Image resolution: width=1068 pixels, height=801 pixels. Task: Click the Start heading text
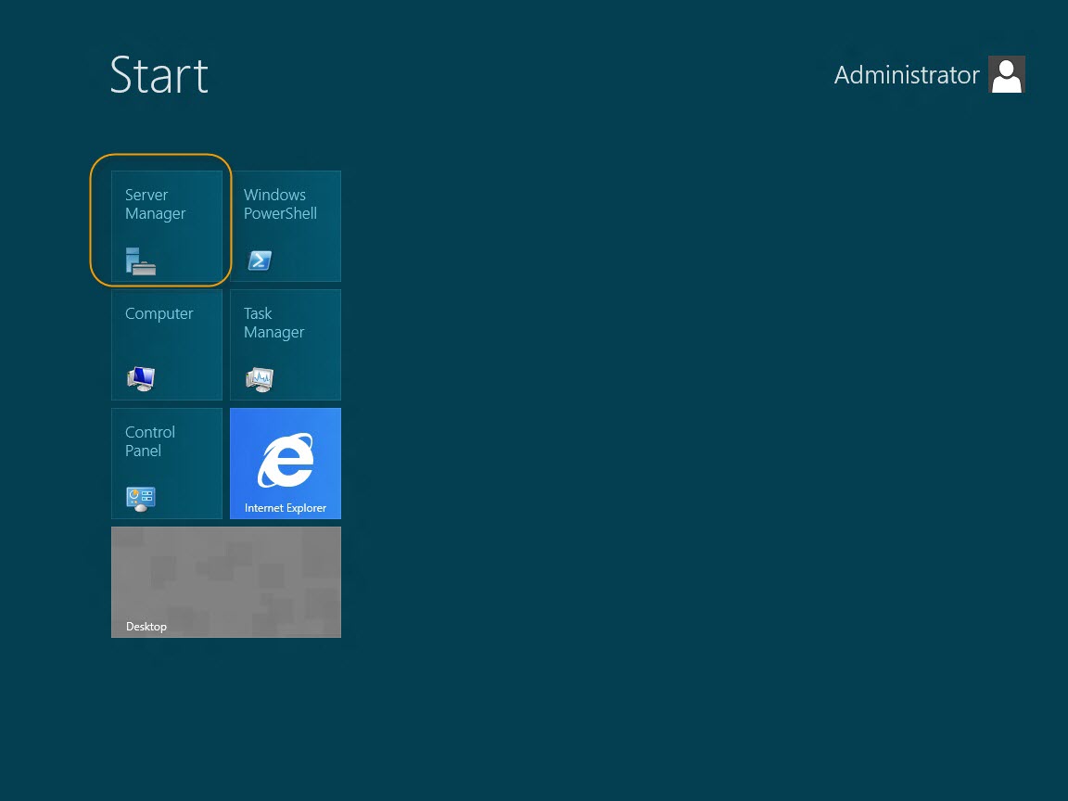pyautogui.click(x=159, y=75)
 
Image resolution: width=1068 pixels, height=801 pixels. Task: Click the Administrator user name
pyautogui.click(x=907, y=75)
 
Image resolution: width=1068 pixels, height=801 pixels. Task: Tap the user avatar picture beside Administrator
pyautogui.click(x=1007, y=74)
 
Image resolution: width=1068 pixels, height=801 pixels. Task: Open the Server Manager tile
pyautogui.click(x=167, y=226)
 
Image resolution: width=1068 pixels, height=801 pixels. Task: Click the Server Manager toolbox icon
pyautogui.click(x=141, y=261)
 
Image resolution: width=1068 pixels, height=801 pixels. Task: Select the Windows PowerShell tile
pyautogui.click(x=286, y=226)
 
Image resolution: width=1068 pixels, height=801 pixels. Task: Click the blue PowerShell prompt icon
pyautogui.click(x=260, y=261)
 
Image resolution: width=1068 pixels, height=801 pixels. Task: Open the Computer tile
pyautogui.click(x=167, y=345)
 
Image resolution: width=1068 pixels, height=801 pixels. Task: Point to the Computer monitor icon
pyautogui.click(x=141, y=378)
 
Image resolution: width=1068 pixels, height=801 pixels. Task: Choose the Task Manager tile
pyautogui.click(x=286, y=345)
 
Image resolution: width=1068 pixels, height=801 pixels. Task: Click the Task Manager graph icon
pyautogui.click(x=260, y=379)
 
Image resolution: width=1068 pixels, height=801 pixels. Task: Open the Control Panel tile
pyautogui.click(x=167, y=464)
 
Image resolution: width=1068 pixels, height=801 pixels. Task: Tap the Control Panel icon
pyautogui.click(x=141, y=499)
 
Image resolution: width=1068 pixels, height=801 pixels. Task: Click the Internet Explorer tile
pyautogui.click(x=286, y=464)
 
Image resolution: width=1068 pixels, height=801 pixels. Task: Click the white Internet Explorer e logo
pyautogui.click(x=286, y=460)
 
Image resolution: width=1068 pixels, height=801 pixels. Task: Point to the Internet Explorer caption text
pyautogui.click(x=286, y=507)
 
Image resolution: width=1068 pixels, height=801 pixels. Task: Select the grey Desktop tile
pyautogui.click(x=226, y=581)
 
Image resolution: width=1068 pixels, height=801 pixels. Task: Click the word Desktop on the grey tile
pyautogui.click(x=146, y=627)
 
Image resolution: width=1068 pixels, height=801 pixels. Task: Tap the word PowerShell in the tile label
pyautogui.click(x=280, y=213)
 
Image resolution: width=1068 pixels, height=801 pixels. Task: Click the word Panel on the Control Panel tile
pyautogui.click(x=143, y=451)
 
